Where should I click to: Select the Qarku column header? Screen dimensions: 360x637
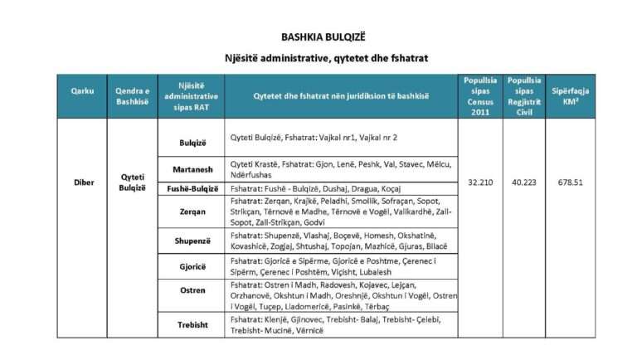point(82,90)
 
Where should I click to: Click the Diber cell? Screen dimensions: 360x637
point(82,182)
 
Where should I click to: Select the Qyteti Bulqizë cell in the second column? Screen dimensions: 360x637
point(132,182)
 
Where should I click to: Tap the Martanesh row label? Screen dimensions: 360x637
point(191,169)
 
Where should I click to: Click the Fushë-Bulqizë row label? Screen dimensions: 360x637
point(191,188)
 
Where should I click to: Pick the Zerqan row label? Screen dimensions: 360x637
point(191,212)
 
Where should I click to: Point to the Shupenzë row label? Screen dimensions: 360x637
point(191,241)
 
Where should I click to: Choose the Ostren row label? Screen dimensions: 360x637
point(191,290)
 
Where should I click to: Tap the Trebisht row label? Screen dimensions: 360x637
point(191,324)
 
